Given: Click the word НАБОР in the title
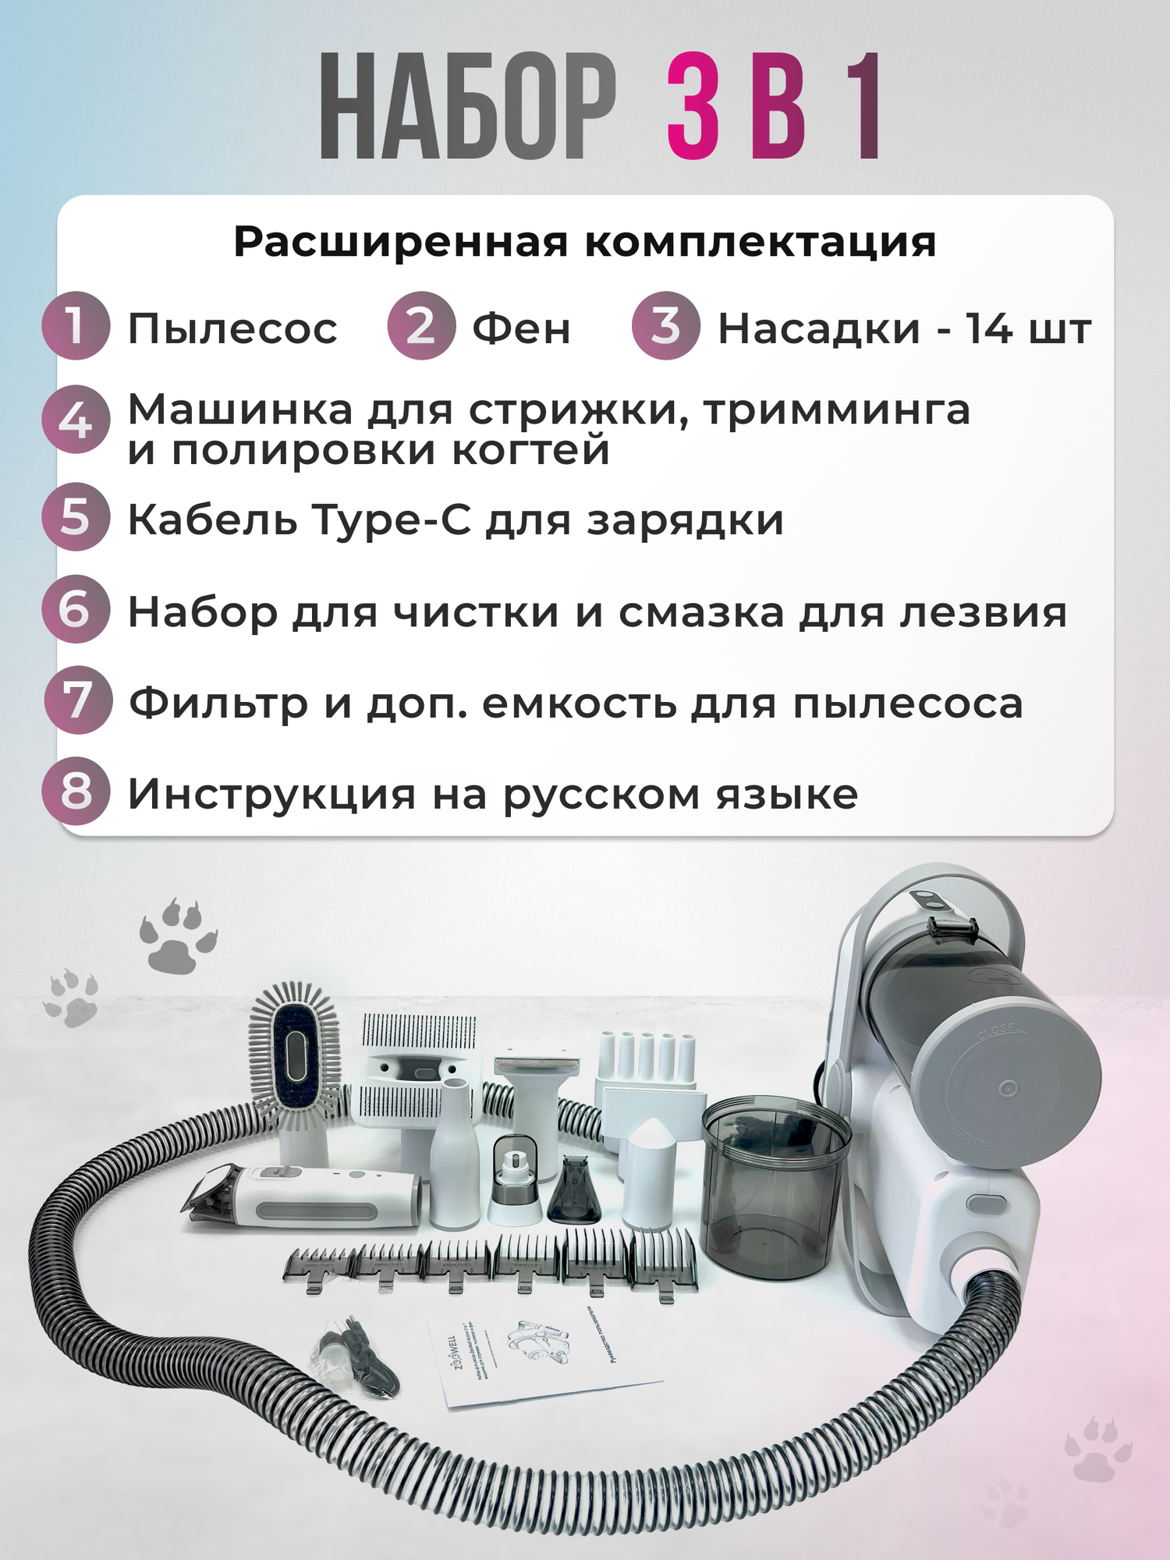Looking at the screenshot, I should (468, 108).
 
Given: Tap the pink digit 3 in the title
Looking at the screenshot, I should (693, 108).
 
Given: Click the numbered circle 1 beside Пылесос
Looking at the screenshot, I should (75, 326).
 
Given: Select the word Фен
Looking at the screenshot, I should (521, 328).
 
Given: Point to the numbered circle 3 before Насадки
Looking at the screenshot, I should (665, 326).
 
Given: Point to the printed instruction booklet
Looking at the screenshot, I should (538, 1357).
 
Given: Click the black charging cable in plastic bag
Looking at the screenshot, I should (355, 1361).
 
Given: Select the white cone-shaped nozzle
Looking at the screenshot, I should (655, 1170).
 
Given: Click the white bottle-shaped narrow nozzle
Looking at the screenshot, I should (454, 1154).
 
